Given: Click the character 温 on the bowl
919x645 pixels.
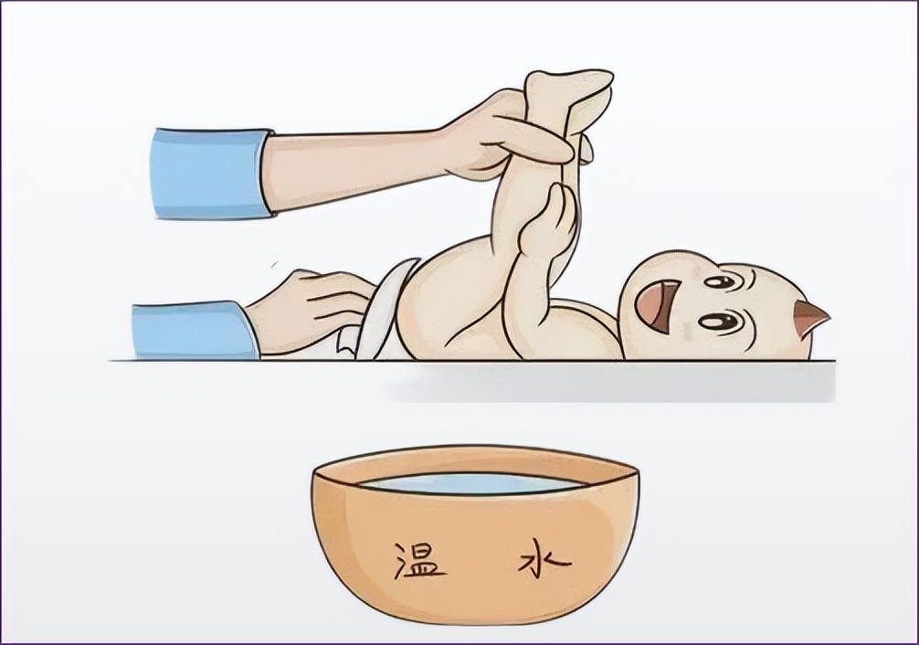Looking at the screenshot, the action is point(417,559).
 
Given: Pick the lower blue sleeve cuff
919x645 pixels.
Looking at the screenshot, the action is point(195,330).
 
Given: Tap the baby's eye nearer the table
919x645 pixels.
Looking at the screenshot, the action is point(719,322).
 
